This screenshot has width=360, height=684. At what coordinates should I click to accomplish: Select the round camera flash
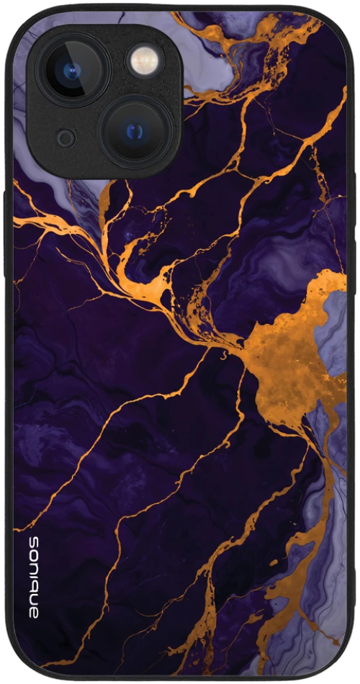[x=145, y=60]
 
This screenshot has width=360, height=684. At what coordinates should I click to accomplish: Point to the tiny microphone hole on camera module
[x=66, y=138]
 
